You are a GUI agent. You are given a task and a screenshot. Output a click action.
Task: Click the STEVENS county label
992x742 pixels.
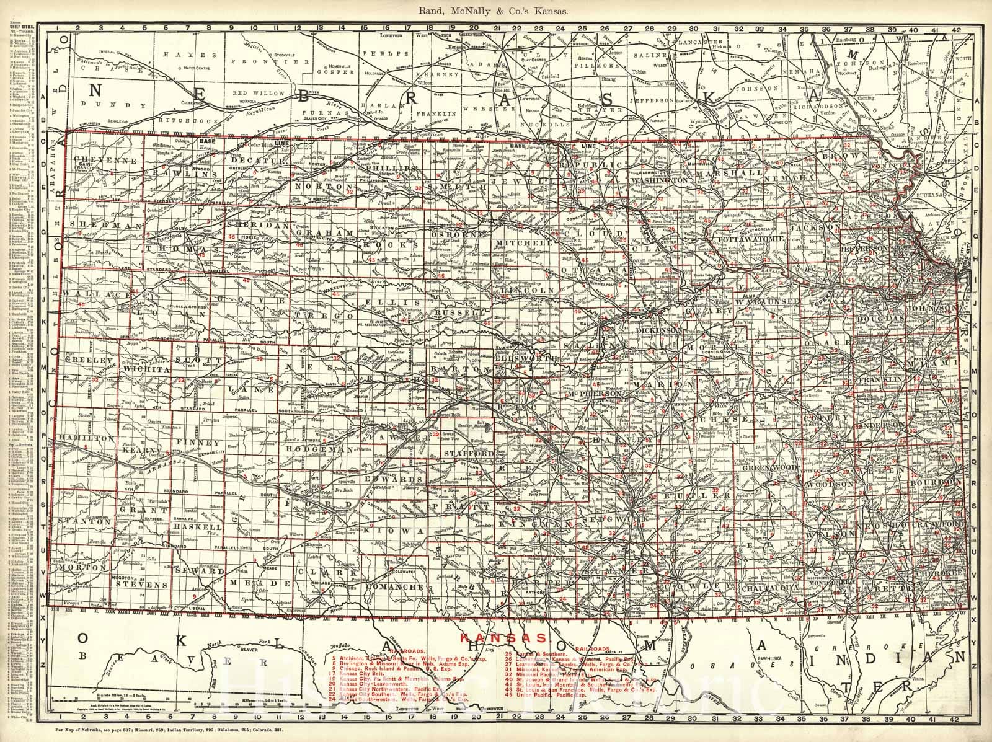click(x=146, y=584)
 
